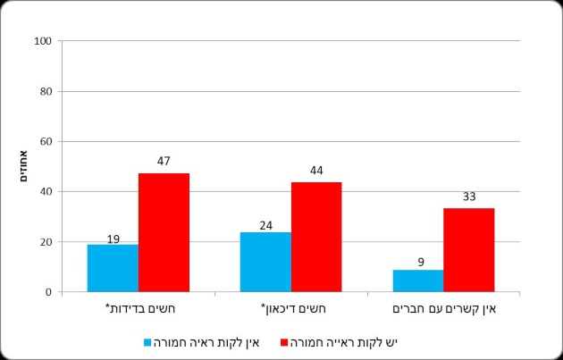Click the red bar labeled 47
click(164, 232)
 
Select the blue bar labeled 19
click(113, 268)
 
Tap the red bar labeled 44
click(316, 237)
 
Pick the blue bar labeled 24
click(265, 262)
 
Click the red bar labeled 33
click(469, 250)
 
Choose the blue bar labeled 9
click(418, 280)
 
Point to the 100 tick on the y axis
click(43, 41)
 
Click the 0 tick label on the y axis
click(49, 292)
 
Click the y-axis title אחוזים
click(23, 166)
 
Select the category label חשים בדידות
click(140, 309)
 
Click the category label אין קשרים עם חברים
click(444, 309)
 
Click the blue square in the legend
click(147, 342)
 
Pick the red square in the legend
click(284, 342)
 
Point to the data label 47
click(164, 161)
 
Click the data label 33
click(469, 197)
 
